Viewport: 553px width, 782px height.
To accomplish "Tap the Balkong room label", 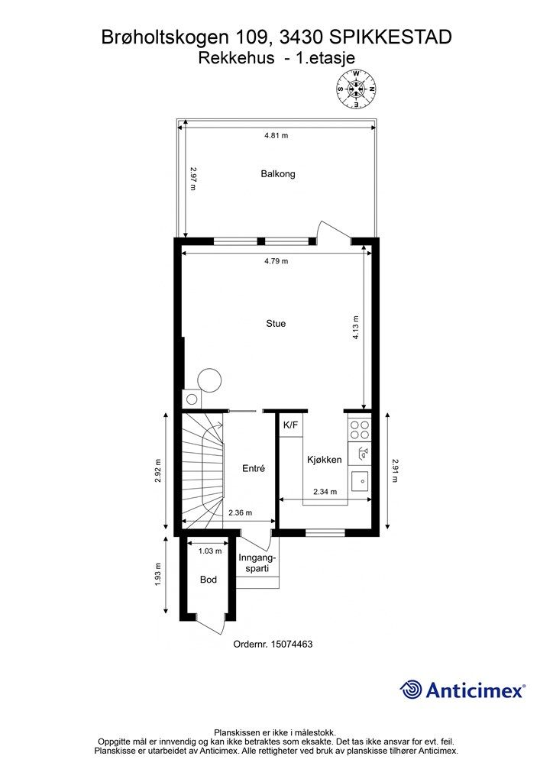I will click(277, 174).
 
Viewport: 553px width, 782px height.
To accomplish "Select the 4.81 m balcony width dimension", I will click(276, 136).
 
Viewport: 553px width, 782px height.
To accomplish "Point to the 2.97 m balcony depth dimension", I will click(193, 178).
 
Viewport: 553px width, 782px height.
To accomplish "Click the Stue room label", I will click(276, 324).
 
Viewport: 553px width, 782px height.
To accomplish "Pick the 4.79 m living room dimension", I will click(276, 261).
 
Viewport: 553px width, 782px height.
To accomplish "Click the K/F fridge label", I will click(291, 425).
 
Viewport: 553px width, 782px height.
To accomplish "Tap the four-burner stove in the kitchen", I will click(359, 431).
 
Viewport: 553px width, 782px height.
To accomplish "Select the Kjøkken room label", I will click(324, 460).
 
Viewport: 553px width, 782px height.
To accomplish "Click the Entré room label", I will click(254, 469).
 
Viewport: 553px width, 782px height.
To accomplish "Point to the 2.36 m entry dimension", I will click(241, 513).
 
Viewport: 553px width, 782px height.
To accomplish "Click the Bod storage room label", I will click(209, 580).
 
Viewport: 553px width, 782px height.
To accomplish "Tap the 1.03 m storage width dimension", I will click(209, 551).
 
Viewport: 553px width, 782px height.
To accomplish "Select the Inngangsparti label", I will click(255, 563).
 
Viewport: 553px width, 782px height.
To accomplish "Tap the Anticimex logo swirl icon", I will click(411, 690).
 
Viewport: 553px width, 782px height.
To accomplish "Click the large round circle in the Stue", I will click(209, 379).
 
